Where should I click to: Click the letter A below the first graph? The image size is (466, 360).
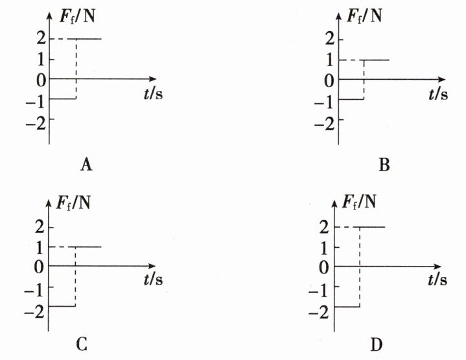(86, 165)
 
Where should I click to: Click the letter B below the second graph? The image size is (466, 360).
(384, 165)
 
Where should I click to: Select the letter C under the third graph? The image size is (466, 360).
(82, 344)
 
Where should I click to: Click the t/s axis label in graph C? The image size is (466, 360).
(154, 280)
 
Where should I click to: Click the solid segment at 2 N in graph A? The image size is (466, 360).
(89, 39)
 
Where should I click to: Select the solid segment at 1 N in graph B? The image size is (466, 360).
(377, 60)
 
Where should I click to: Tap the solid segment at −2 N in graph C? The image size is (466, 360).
(63, 306)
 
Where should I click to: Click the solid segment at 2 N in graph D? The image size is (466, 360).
(372, 227)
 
